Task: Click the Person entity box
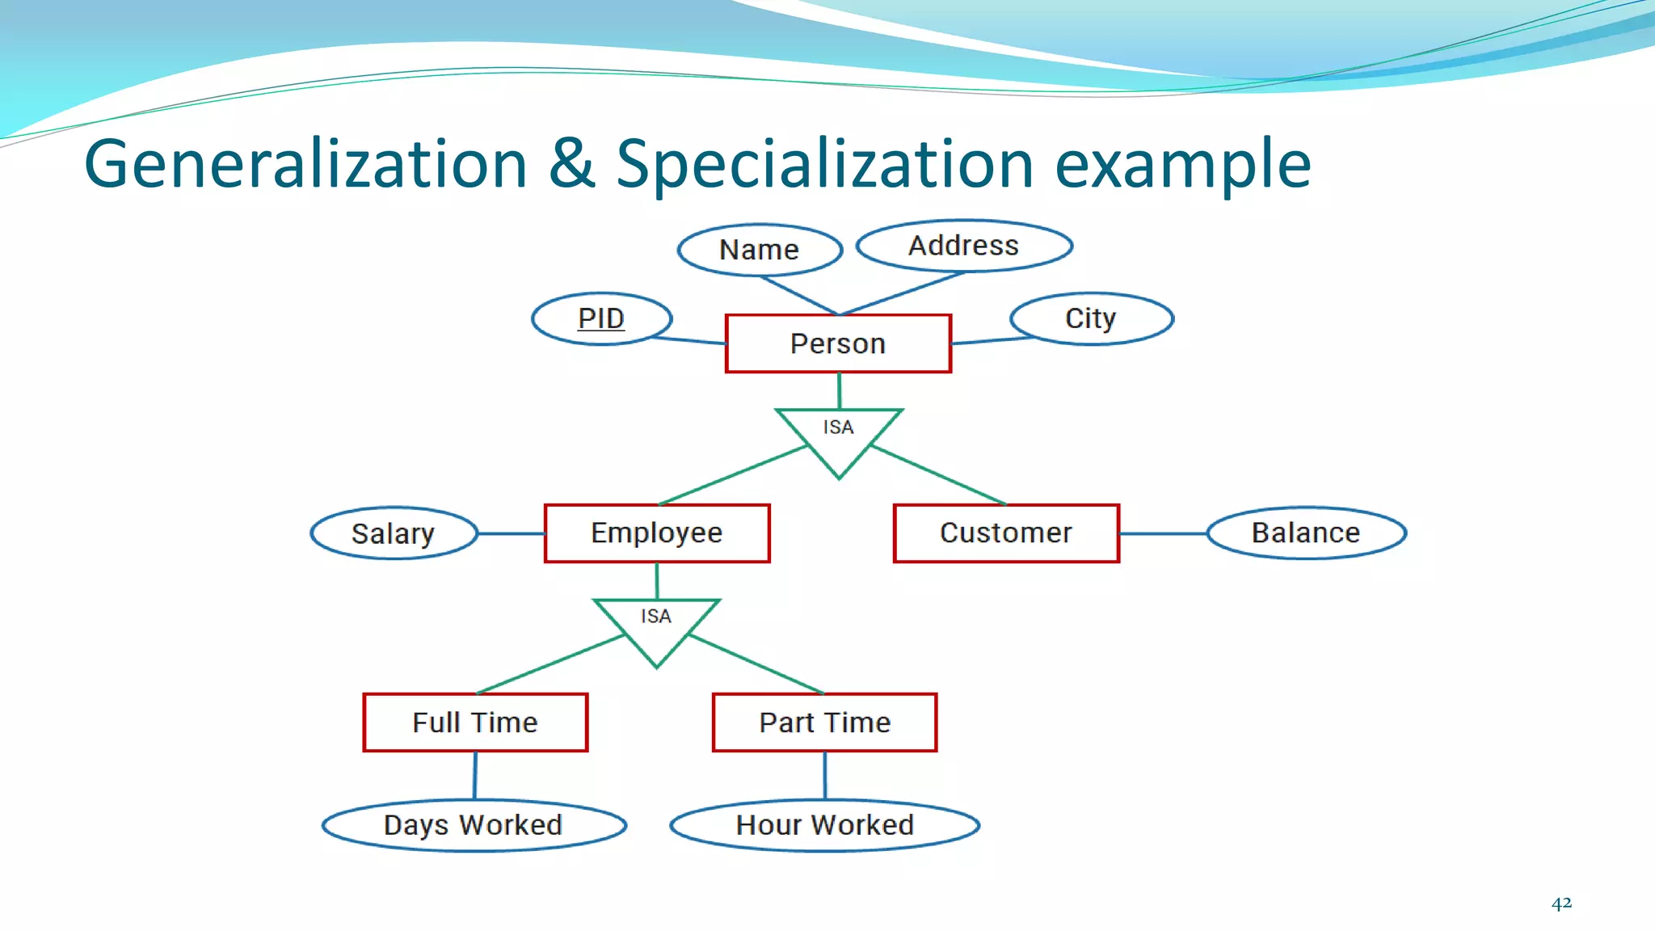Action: tap(838, 343)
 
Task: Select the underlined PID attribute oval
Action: tap(601, 318)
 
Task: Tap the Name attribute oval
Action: tap(760, 250)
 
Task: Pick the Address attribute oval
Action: tap(964, 246)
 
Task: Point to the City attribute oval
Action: tap(1091, 318)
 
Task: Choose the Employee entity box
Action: tap(657, 533)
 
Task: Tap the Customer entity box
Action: tap(1006, 533)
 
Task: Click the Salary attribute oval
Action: tap(394, 533)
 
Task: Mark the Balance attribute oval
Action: tap(1306, 533)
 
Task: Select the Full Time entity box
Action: tap(475, 722)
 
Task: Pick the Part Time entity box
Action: tap(824, 722)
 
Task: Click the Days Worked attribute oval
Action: tap(474, 825)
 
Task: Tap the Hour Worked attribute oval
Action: tap(825, 825)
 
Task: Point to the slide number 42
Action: tap(1561, 903)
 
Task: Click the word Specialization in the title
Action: tap(824, 164)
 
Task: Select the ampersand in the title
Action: tap(571, 164)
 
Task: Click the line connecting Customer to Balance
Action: tap(1163, 533)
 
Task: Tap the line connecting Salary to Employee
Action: tap(511, 533)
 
